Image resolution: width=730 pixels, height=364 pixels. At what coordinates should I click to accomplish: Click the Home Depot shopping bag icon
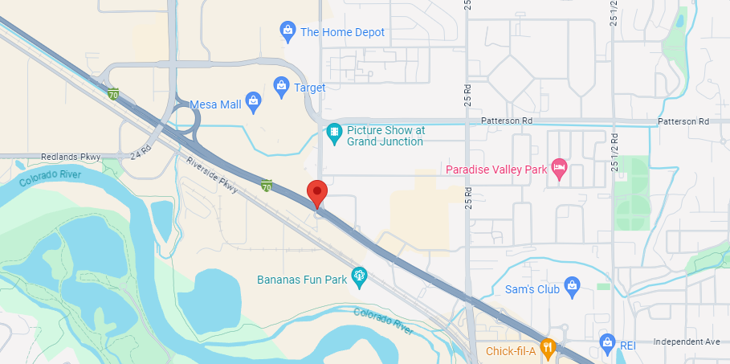coord(288,32)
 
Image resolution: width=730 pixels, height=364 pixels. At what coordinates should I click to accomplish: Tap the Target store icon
coord(281,85)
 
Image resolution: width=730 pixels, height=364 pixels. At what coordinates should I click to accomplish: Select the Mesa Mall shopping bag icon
coord(253,101)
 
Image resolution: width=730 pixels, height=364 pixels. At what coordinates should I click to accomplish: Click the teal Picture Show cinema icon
coord(334,130)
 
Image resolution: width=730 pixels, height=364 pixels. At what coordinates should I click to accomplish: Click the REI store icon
coord(607,345)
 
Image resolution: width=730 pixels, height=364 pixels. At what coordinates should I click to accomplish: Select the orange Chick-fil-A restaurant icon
coord(549,350)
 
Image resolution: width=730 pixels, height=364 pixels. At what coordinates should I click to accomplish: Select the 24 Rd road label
coord(141,150)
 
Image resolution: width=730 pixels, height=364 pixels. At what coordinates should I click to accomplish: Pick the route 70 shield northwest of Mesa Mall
coord(114,94)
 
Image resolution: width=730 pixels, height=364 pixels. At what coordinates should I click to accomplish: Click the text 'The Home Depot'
coord(342,32)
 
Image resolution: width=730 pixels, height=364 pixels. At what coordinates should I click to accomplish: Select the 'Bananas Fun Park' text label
coord(302,280)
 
